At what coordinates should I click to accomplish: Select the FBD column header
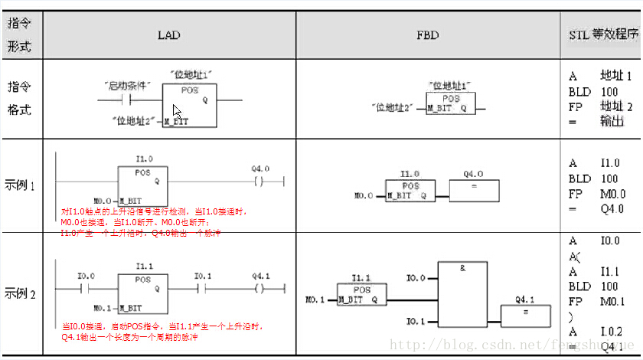pos(427,35)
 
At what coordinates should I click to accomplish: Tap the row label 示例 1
pos(21,185)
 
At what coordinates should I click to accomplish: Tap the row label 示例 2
pos(21,293)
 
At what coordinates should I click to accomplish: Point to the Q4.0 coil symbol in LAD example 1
pos(259,182)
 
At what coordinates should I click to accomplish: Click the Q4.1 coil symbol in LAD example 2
pos(259,288)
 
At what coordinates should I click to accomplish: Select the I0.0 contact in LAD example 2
pos(86,288)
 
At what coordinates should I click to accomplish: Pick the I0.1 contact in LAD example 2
pos(203,288)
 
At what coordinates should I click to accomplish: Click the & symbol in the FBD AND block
pos(463,268)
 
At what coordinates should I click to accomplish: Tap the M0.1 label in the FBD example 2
pos(315,299)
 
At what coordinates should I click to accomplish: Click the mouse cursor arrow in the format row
pos(177,110)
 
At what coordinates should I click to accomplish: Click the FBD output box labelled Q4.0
pos(474,190)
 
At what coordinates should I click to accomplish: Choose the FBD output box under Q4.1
pos(524,314)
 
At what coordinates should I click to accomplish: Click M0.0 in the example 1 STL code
pos(613,194)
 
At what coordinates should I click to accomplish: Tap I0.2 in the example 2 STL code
pos(612,331)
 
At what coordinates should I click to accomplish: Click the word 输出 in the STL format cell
pos(612,121)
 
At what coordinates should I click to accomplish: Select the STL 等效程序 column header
pos(603,35)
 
